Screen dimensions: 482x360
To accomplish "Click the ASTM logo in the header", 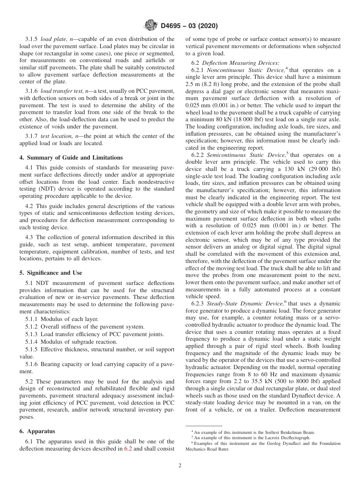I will coord(150,26).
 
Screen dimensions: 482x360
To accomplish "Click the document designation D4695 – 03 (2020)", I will coord(189,26).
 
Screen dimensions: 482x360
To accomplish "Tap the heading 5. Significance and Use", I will coord(50,273).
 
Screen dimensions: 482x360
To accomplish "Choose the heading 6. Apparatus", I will coord(37,431).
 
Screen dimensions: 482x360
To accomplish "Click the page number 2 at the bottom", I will coord(180,466).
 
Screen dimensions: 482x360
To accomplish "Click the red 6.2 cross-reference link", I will coord(128,449).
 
